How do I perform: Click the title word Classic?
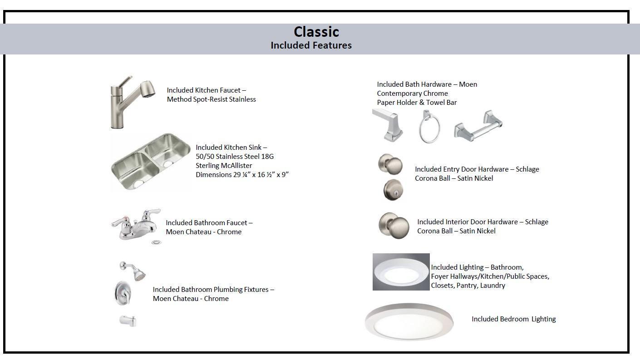316,32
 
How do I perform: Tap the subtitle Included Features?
311,45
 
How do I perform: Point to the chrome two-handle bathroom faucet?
136,224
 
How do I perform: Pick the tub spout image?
128,321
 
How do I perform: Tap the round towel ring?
429,127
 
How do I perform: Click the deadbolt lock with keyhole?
393,189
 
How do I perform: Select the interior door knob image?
394,225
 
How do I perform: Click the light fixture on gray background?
401,272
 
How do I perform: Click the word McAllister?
235,166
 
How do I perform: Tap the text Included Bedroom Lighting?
513,319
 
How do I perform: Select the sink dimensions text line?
242,175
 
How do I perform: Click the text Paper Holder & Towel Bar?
417,103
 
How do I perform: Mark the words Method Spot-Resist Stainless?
211,99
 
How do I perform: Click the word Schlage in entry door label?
527,169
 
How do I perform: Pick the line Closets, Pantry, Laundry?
468,286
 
